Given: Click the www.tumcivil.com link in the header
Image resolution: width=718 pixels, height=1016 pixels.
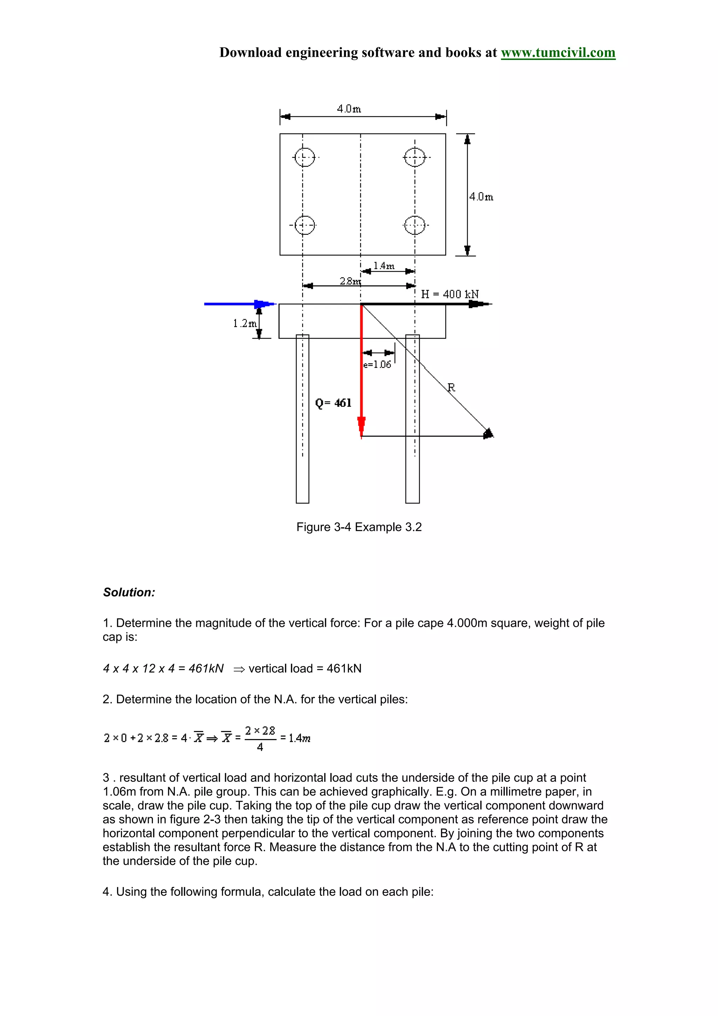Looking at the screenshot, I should click(558, 53).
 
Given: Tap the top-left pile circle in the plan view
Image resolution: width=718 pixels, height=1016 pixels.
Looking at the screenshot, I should click(304, 157).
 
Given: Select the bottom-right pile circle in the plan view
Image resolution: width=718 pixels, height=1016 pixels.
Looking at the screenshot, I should click(414, 225).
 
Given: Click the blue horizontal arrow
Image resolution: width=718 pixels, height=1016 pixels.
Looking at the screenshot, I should click(239, 304).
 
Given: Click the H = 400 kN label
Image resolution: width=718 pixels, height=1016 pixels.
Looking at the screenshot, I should click(449, 294).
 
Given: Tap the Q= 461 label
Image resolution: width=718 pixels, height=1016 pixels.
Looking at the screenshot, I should click(333, 403).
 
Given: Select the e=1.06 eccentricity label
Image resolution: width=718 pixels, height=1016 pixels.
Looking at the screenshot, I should click(377, 365).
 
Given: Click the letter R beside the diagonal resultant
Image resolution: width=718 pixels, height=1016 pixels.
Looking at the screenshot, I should click(451, 388).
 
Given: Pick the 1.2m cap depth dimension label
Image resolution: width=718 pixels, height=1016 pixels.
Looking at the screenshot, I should click(245, 324).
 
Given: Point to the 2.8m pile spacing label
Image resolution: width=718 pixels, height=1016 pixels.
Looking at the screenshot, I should click(350, 281).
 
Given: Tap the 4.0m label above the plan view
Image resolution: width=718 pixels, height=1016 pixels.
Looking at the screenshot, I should click(349, 109).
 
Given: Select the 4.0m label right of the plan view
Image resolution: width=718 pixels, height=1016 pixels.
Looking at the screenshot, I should click(481, 197).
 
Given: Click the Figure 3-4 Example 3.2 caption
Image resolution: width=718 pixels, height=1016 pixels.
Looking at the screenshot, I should click(359, 527).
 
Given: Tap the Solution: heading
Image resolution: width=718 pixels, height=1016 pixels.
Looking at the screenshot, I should click(129, 592).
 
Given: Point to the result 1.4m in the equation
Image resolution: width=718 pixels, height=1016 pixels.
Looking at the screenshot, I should click(299, 738).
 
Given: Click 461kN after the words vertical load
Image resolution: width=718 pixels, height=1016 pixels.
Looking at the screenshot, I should click(344, 668).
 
